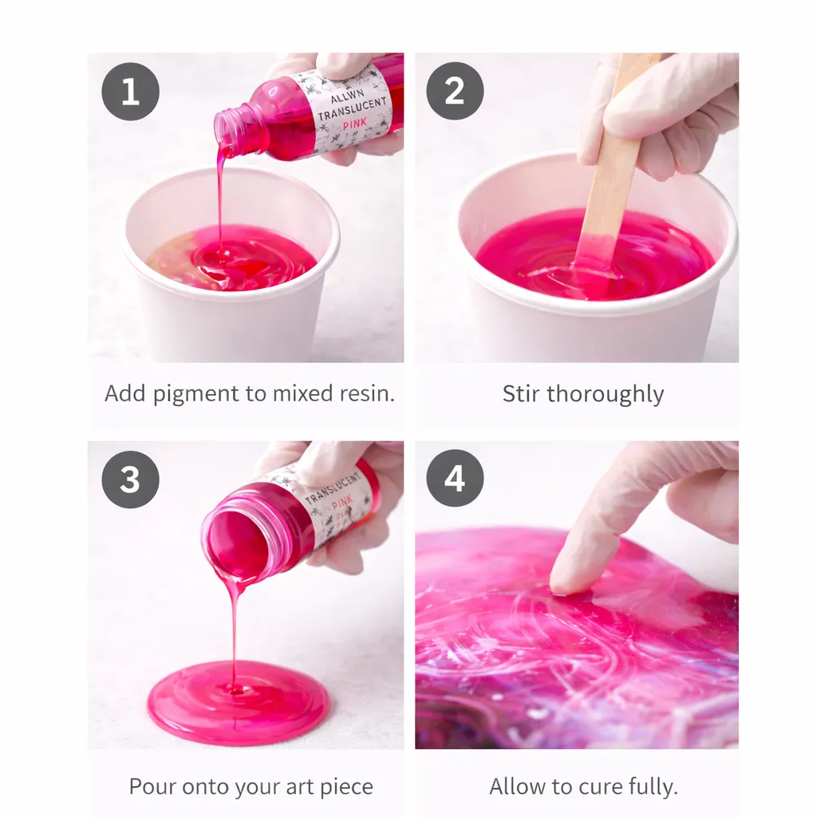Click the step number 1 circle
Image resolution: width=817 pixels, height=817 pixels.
click(130, 92)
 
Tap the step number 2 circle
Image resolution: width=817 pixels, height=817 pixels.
click(455, 91)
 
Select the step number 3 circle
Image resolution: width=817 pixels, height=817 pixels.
click(130, 480)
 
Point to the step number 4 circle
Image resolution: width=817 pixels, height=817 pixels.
click(455, 479)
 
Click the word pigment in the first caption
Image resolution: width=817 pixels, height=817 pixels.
click(196, 394)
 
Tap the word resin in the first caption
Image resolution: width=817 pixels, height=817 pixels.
click(367, 393)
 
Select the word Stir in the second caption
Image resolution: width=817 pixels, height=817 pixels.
click(521, 394)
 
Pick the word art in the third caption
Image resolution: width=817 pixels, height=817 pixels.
click(299, 787)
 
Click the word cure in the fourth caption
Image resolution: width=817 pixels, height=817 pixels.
click(601, 787)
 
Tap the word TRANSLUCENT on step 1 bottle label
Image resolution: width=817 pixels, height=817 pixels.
click(352, 109)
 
